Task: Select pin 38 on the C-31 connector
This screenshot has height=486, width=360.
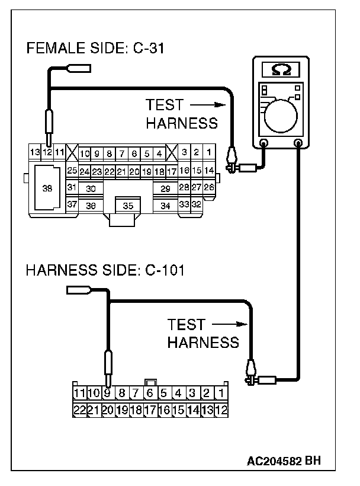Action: click(x=47, y=188)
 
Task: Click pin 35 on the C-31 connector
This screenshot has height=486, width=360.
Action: click(x=127, y=206)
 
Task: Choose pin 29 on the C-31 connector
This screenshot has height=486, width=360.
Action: click(x=166, y=188)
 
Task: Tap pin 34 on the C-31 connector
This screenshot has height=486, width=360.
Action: click(x=166, y=205)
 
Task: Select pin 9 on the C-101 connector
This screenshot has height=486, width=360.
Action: click(x=107, y=392)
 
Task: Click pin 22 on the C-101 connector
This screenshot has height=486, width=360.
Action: click(x=79, y=410)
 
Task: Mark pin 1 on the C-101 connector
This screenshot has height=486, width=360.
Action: click(x=221, y=392)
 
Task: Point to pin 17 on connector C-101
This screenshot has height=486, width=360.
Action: click(x=150, y=410)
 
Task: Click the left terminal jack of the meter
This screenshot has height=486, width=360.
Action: click(x=264, y=143)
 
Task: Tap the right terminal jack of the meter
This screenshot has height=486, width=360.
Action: click(x=298, y=143)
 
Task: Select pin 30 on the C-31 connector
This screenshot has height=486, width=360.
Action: click(x=91, y=188)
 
